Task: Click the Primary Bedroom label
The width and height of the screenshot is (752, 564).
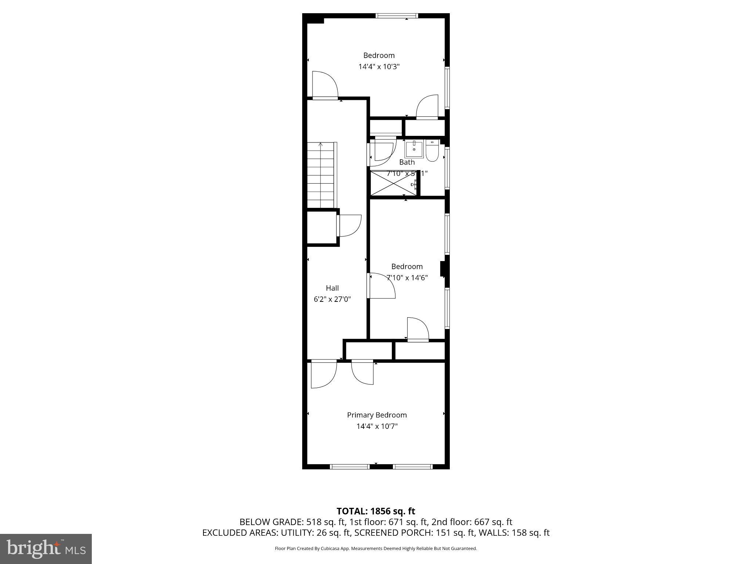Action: click(x=377, y=415)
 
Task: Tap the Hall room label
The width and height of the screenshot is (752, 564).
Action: click(x=332, y=288)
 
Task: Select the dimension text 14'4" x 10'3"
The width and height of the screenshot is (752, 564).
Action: click(x=379, y=67)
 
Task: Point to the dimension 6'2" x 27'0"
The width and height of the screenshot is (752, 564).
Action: click(x=332, y=299)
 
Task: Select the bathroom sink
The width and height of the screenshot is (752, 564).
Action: click(x=414, y=149)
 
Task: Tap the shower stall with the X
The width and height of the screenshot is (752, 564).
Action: click(x=393, y=183)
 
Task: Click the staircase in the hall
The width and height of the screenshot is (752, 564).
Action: click(x=321, y=176)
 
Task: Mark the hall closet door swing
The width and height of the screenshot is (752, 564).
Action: click(x=349, y=225)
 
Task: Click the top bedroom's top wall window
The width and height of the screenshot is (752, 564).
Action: click(x=397, y=16)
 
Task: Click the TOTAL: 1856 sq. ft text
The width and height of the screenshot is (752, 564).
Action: click(x=376, y=511)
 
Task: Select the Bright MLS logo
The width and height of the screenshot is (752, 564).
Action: click(x=46, y=549)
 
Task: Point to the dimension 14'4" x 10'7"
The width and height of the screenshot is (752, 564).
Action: click(x=377, y=426)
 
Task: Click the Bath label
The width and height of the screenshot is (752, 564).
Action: click(x=406, y=162)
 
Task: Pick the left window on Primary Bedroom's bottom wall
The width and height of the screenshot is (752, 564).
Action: click(x=350, y=467)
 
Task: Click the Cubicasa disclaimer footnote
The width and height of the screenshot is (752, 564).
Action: click(x=376, y=549)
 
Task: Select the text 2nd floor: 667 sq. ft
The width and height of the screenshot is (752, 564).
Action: click(x=471, y=522)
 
